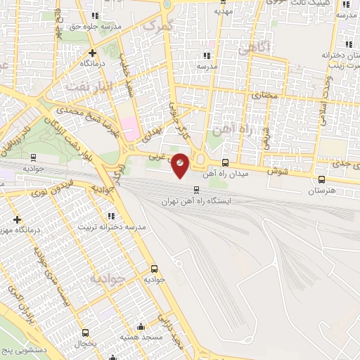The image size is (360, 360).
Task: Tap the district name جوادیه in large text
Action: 110,278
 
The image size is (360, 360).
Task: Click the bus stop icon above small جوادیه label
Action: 154,269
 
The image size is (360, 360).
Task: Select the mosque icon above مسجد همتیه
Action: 141,327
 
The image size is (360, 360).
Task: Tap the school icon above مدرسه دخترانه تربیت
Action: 110,215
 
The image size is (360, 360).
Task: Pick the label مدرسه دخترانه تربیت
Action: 110,226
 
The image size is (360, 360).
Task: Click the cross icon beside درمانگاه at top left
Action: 91,52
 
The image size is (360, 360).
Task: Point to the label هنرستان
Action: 322,191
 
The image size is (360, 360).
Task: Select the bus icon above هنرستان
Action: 322,179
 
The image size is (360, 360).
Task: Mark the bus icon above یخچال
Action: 85,333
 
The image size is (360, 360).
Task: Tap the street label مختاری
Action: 266,94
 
